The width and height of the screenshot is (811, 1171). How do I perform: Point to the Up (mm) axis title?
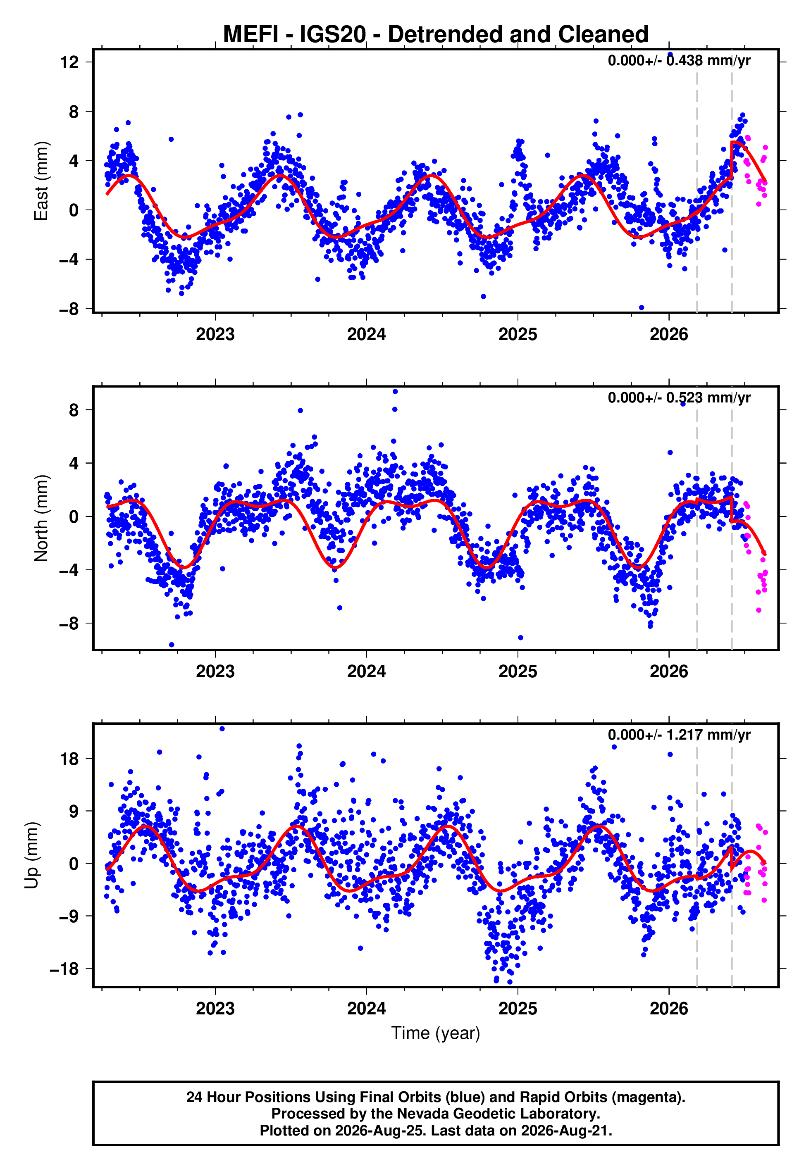point(31,855)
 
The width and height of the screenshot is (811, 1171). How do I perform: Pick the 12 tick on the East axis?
point(69,62)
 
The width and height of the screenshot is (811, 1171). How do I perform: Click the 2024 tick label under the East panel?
point(366,334)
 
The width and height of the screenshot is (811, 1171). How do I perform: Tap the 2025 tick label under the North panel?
point(518,671)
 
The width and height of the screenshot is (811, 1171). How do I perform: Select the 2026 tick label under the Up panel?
point(669,1009)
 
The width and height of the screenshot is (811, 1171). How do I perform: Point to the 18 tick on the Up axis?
point(69,759)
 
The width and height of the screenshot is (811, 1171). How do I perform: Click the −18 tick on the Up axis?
point(64,969)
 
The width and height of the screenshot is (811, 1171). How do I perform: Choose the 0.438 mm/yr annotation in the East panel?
point(708,60)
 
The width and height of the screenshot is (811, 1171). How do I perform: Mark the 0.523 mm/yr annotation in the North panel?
point(708,397)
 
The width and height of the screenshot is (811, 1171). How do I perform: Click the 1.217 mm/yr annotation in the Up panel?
point(708,735)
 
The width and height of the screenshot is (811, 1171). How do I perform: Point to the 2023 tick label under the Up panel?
point(215,1009)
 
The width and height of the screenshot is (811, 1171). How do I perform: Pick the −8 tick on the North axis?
point(69,624)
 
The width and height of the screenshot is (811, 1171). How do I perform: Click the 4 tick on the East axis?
point(74,161)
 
